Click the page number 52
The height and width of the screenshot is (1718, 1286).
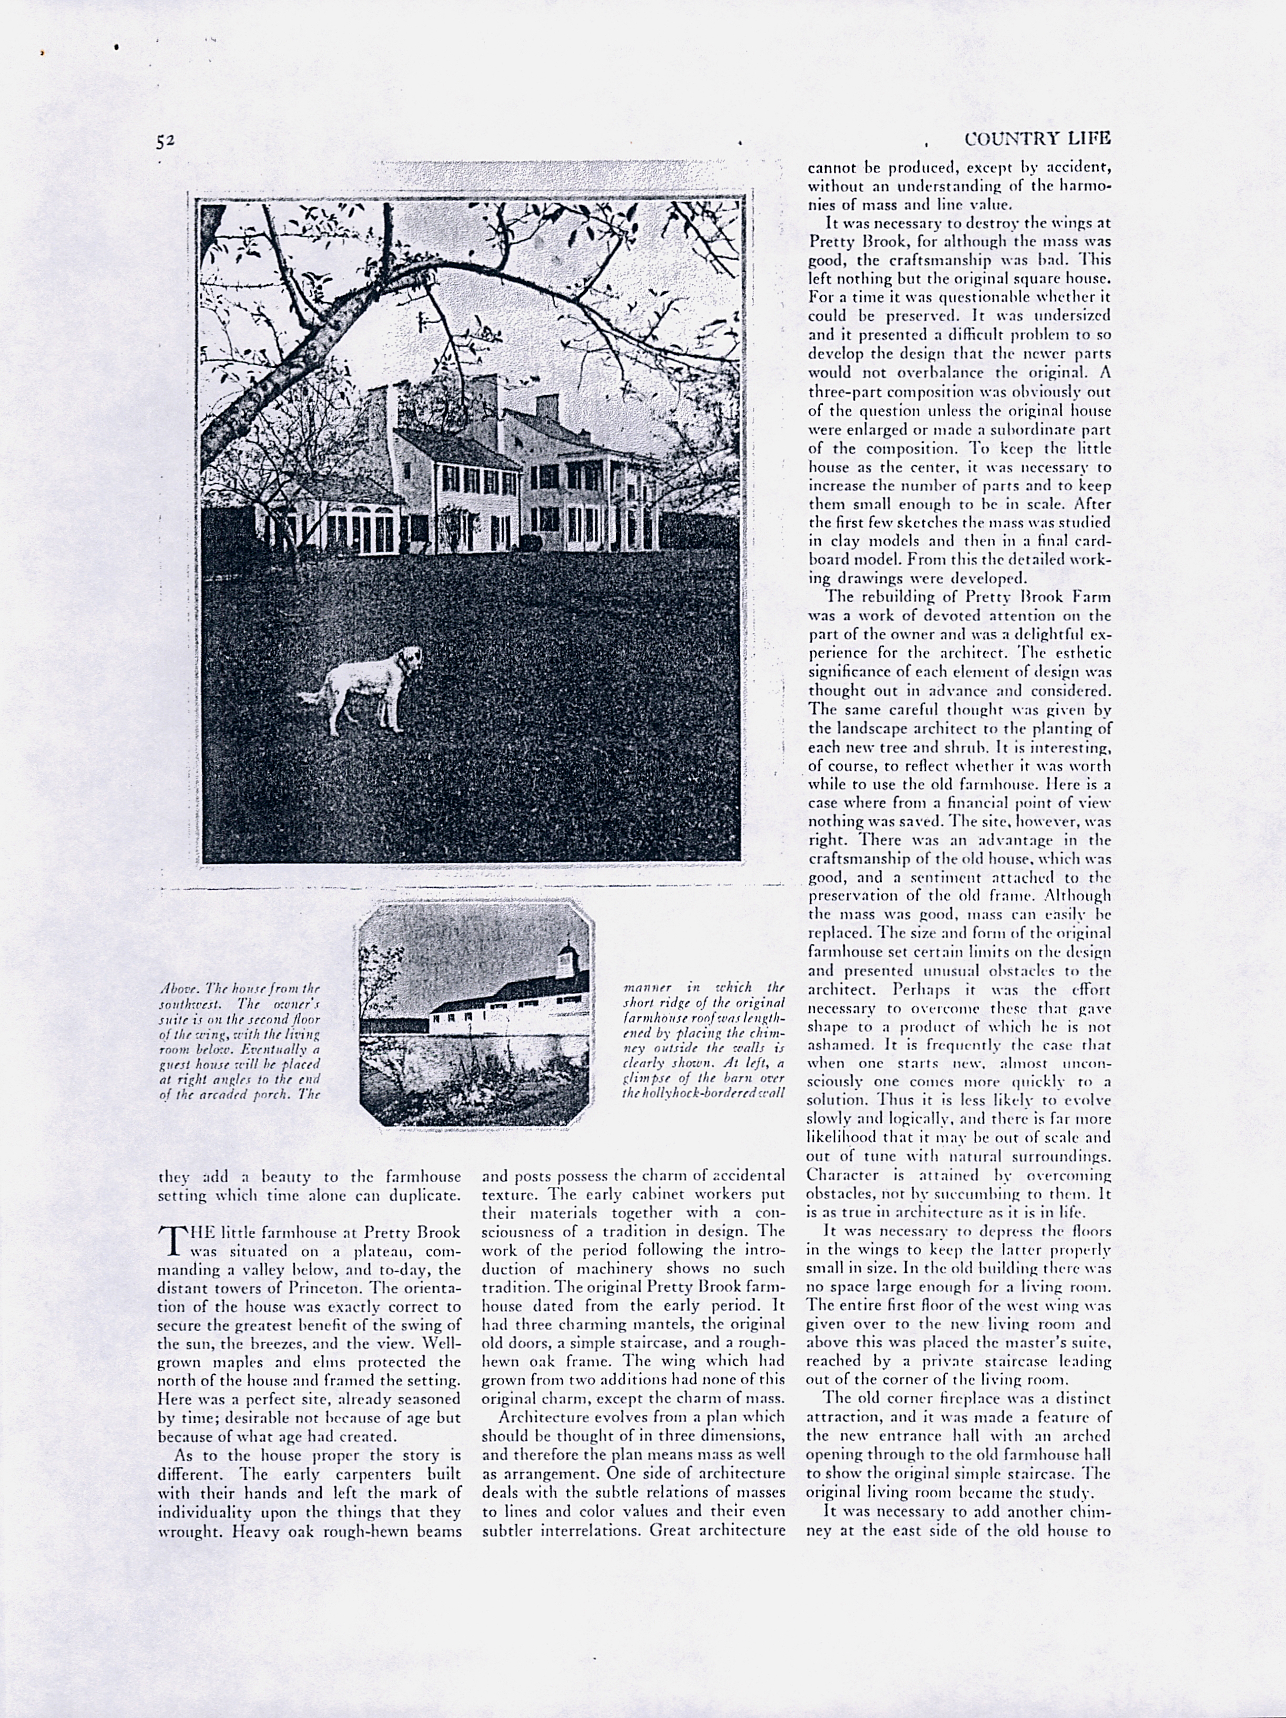[x=164, y=140]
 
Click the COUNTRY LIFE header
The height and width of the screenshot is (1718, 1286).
[x=1037, y=138]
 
